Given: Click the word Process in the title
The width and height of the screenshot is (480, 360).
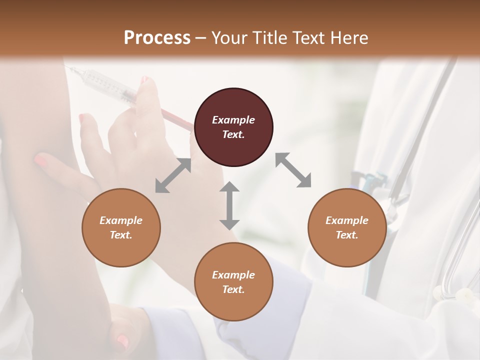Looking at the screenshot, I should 157,37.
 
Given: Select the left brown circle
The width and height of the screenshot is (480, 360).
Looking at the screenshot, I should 121,227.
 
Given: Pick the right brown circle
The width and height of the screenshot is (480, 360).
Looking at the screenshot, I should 347,227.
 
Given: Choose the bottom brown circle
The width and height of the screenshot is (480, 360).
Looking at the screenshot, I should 233,282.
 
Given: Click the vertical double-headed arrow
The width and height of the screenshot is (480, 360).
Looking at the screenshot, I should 229,205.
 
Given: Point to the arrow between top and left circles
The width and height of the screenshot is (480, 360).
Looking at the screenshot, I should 173,175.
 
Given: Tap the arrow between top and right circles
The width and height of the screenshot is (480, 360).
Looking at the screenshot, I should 293,170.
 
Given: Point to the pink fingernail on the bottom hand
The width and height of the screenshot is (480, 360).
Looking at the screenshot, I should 121,341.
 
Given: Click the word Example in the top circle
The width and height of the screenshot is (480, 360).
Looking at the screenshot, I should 233,120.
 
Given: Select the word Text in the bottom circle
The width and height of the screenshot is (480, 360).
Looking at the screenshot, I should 233,289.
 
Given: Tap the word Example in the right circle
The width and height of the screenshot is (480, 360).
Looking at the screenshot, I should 347,220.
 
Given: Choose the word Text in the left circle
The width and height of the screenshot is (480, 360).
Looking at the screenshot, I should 121,235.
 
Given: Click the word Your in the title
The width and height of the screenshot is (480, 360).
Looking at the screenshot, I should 227,37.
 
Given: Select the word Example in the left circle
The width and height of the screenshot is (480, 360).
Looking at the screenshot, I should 121,220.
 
